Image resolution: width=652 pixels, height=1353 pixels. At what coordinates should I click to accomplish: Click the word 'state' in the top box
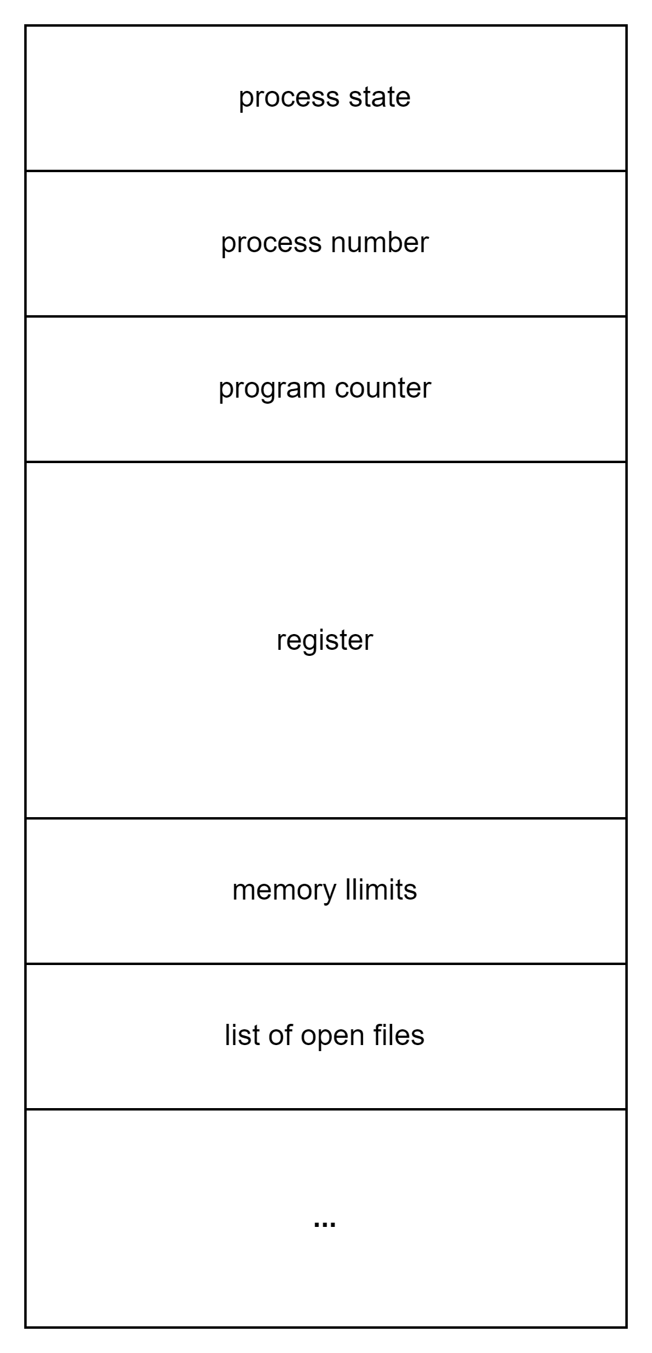pyautogui.click(x=379, y=97)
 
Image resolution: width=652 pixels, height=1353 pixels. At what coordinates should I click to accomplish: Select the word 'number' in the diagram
pyautogui.click(x=380, y=242)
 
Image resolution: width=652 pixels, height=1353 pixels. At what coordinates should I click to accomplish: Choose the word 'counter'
pyautogui.click(x=383, y=388)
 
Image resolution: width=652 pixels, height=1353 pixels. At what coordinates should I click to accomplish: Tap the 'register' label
pyautogui.click(x=325, y=641)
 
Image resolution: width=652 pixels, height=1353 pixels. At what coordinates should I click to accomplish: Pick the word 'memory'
pyautogui.click(x=284, y=890)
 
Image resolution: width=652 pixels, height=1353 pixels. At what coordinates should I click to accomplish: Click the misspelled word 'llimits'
pyautogui.click(x=381, y=889)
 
